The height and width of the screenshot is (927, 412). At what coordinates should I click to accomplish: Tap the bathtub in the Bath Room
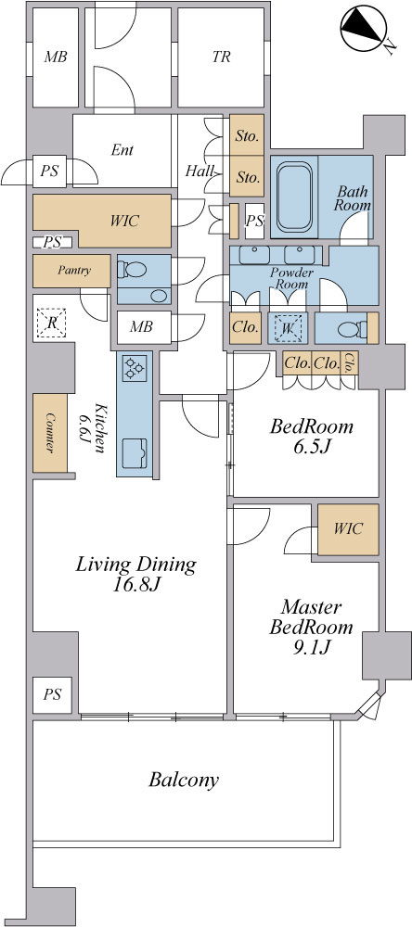click(x=294, y=196)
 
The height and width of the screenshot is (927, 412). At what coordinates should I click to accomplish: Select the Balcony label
click(x=184, y=781)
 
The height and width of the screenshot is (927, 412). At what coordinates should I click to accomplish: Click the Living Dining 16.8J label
click(x=135, y=574)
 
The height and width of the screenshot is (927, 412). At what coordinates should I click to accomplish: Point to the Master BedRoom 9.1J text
click(x=312, y=628)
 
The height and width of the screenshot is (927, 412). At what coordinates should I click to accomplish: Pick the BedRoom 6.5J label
click(x=312, y=436)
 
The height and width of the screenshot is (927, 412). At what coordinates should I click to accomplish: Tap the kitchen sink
click(x=135, y=454)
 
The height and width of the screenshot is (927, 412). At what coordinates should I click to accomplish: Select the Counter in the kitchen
click(x=50, y=433)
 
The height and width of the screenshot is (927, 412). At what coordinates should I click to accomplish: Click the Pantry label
click(x=74, y=271)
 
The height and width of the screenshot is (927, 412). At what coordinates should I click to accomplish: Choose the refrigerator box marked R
click(x=52, y=323)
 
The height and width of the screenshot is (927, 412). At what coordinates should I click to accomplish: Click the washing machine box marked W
click(x=287, y=327)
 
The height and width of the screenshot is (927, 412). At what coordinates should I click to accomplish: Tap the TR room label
click(x=221, y=57)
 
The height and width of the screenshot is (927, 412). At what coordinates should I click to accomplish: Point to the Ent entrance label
click(x=122, y=150)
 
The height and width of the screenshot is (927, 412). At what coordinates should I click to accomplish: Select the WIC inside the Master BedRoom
click(x=348, y=529)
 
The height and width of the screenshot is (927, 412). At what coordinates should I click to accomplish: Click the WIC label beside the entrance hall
click(x=125, y=222)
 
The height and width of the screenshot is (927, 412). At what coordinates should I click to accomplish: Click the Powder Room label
click(x=290, y=278)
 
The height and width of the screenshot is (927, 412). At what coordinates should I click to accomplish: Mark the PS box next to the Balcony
click(x=52, y=695)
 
